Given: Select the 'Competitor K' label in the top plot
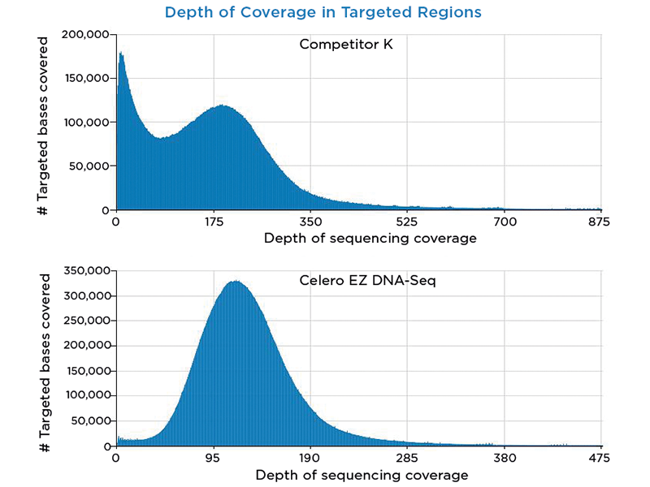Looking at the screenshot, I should click(346, 44).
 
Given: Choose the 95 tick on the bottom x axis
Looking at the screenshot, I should click(214, 458).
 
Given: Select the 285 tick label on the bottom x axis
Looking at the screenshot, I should click(407, 458).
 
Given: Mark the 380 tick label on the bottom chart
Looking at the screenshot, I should click(504, 458).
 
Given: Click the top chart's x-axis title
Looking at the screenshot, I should click(358, 239).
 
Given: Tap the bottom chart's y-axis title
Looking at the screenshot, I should click(46, 362).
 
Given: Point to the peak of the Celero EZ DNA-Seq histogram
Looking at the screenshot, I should click(236, 282).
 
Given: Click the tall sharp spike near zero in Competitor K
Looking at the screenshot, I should click(121, 54).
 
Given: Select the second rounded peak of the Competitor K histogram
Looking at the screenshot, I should click(221, 106).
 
